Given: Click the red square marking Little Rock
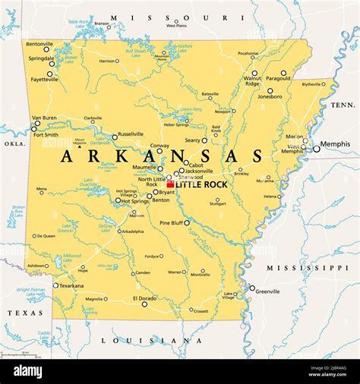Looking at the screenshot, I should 171,184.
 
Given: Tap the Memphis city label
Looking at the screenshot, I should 336,144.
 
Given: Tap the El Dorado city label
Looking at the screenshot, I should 144,298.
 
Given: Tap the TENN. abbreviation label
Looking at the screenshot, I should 343,105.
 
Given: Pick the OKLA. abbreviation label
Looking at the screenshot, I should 14,143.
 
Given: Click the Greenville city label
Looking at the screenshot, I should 267,291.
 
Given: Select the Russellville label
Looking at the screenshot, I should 131,134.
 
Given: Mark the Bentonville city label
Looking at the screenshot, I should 39,44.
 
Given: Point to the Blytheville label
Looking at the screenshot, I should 312,85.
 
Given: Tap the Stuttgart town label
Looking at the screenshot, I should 217,203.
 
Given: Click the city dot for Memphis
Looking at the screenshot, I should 317,150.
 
